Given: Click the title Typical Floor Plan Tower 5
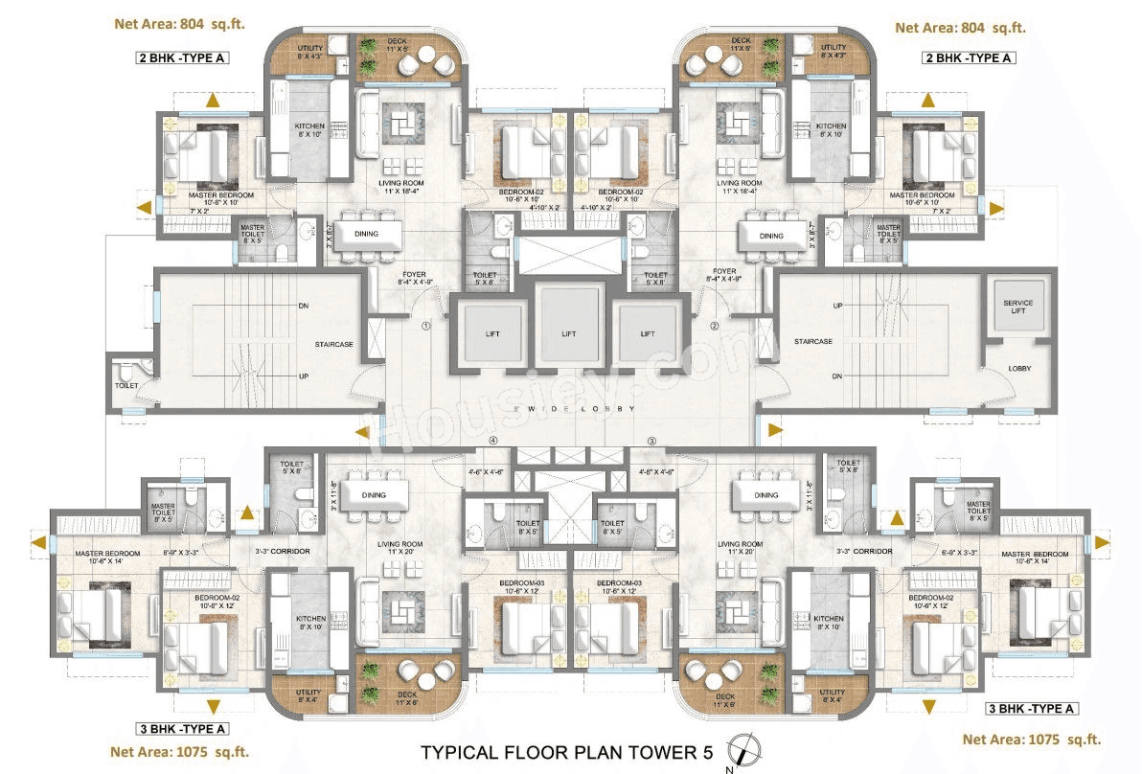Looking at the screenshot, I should click(566, 753).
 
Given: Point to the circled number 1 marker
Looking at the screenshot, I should click(426, 326).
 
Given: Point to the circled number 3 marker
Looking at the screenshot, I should click(651, 442).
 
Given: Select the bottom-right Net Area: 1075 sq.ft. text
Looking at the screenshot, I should click(1031, 739).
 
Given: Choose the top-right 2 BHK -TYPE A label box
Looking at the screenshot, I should click(968, 58).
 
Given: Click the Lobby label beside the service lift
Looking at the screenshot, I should click(1019, 368).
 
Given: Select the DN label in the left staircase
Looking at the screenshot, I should click(303, 306).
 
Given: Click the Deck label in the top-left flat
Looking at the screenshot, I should click(397, 41).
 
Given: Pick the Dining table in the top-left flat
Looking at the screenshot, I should click(366, 235).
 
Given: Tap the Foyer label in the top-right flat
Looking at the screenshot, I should click(724, 275).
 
